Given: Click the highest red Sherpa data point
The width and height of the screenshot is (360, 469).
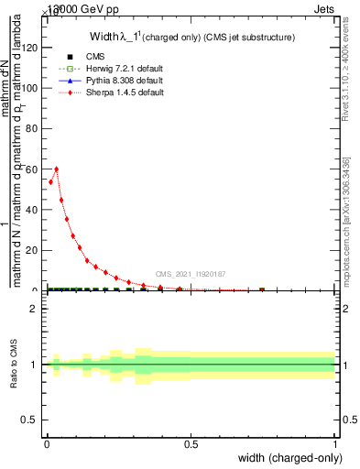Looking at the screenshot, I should click(x=57, y=169).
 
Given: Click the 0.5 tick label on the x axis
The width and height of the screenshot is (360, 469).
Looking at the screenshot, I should click(x=191, y=445).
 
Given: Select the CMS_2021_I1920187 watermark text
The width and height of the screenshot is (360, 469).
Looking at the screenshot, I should click(x=190, y=274).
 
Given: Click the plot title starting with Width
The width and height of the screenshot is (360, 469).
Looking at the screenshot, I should click(x=191, y=38).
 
